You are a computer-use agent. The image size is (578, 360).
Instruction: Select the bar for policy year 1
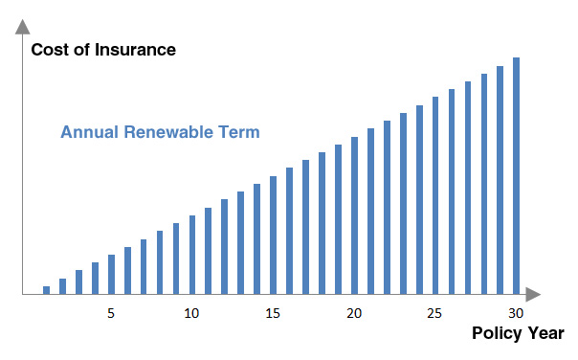46,289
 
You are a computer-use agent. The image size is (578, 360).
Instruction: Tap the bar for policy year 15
273,235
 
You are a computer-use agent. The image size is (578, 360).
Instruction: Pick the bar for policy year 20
354,214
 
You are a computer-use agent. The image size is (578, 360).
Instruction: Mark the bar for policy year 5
111,274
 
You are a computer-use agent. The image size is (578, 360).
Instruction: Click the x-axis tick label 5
111,314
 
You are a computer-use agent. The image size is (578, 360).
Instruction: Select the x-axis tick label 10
191,314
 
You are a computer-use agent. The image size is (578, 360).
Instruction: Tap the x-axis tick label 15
273,314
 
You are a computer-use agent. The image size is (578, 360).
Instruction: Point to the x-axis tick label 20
354,314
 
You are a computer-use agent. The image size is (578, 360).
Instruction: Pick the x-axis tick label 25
435,314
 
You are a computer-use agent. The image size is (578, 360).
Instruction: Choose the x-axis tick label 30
516,314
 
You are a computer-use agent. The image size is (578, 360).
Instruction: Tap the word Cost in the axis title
49,50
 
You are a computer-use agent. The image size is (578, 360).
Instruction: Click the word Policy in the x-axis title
498,333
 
